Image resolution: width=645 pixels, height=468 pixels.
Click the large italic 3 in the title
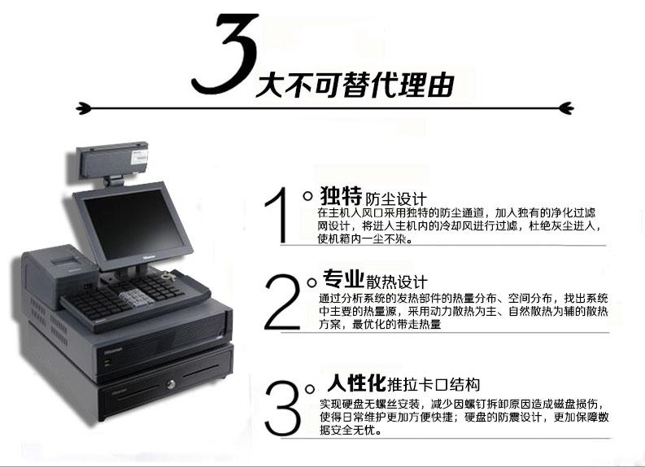(x=225, y=54)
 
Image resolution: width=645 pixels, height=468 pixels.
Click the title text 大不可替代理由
(x=355, y=85)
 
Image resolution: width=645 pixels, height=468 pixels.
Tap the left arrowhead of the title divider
(x=83, y=108)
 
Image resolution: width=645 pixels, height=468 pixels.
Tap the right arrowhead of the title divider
(x=566, y=108)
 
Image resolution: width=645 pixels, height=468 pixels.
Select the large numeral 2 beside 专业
(x=281, y=302)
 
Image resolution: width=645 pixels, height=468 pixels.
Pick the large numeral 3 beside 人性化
(x=282, y=408)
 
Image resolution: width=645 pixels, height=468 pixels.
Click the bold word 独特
(x=341, y=196)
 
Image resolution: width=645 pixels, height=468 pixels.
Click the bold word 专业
(x=344, y=278)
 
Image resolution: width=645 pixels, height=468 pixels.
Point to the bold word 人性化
(x=356, y=383)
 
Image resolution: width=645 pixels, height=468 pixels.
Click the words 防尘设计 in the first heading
(x=396, y=199)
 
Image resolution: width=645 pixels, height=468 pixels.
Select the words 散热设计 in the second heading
(x=397, y=282)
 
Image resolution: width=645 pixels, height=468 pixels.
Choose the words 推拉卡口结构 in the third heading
(x=434, y=385)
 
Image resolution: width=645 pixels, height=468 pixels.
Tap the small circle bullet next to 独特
(x=307, y=196)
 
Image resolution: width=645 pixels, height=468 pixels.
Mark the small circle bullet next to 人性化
(x=310, y=389)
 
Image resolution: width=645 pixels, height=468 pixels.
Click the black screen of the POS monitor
(x=133, y=225)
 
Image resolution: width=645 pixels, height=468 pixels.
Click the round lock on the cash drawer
(x=171, y=384)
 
